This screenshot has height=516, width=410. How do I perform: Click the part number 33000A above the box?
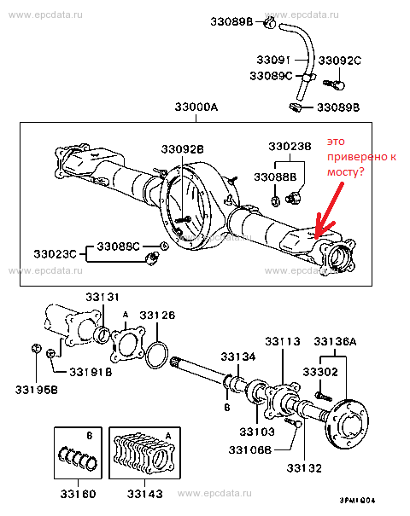pyautogui.click(x=196, y=107)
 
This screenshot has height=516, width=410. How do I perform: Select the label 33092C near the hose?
pyautogui.click(x=339, y=61)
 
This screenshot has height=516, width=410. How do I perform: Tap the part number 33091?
pyautogui.click(x=273, y=60)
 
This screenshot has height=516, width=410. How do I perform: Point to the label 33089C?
pyautogui.click(x=271, y=76)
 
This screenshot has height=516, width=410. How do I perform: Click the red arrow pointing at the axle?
pyautogui.click(x=329, y=211)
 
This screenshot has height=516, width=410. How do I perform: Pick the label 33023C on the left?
pyautogui.click(x=55, y=254)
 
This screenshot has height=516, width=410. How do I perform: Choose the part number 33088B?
pyautogui.click(x=275, y=177)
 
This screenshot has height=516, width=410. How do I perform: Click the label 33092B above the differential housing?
pyautogui.click(x=182, y=149)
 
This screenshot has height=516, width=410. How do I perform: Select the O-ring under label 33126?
pyautogui.click(x=157, y=355)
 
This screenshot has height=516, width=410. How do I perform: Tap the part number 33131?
pyautogui.click(x=102, y=297)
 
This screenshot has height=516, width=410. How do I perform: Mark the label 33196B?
pyautogui.click(x=36, y=390)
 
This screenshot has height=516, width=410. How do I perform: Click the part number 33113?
pyautogui.click(x=283, y=342)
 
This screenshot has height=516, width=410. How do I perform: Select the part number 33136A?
pyautogui.click(x=335, y=342)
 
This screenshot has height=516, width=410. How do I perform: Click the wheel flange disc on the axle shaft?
pyautogui.click(x=348, y=424)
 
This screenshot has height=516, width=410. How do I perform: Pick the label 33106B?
pyautogui.click(x=249, y=449)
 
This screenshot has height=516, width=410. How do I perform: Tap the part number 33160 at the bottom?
pyautogui.click(x=78, y=494)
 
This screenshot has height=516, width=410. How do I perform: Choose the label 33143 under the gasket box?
pyautogui.click(x=145, y=494)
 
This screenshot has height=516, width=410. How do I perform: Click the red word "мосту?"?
pyautogui.click(x=345, y=171)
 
